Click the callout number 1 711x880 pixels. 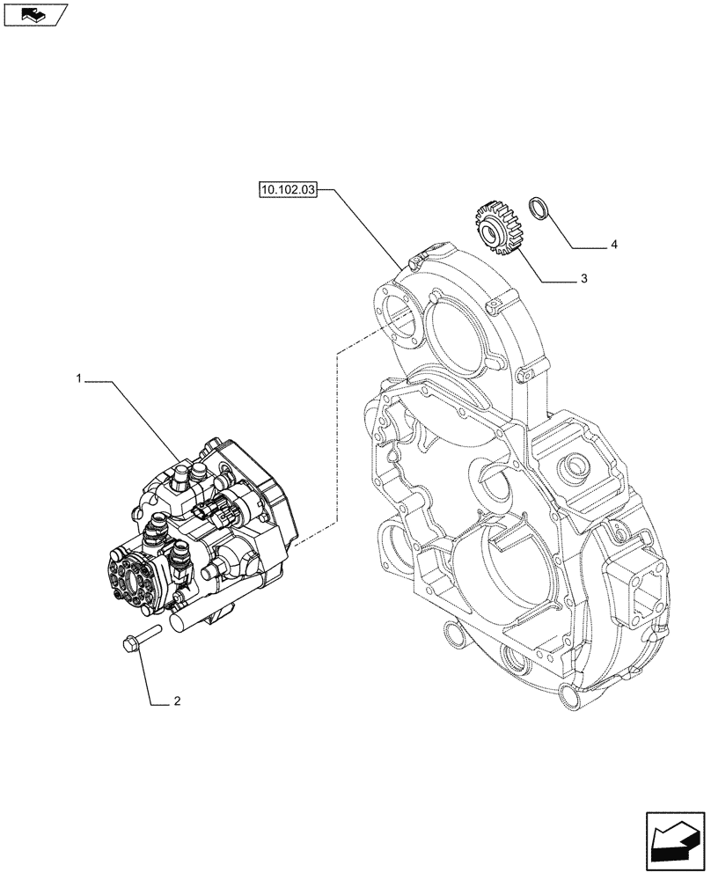click(x=78, y=378)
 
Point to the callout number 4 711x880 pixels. click(x=613, y=244)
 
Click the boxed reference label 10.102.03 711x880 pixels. click(x=287, y=189)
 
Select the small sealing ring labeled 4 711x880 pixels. click(x=539, y=210)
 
